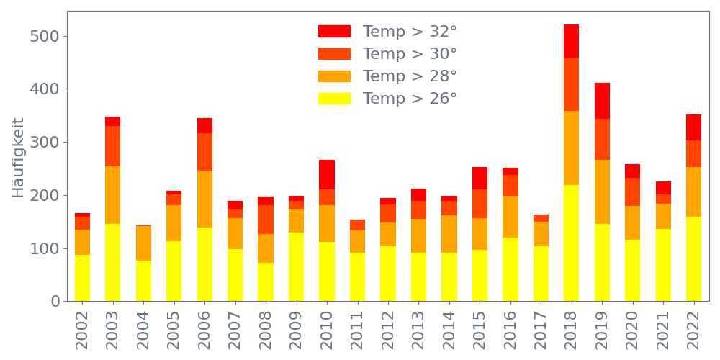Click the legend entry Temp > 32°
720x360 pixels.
coord(410,32)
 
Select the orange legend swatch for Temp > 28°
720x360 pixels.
coord(334,76)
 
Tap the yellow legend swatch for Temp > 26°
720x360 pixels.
coord(334,99)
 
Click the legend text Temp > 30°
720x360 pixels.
coord(410,54)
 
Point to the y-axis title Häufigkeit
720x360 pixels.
coord(18,158)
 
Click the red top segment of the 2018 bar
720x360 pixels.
coord(572,41)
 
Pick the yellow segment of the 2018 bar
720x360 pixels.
coord(572,243)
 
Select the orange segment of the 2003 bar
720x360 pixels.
coord(113,195)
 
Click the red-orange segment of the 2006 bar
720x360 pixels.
coord(204,152)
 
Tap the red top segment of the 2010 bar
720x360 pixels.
coord(327,175)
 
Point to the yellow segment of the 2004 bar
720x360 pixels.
coord(143,281)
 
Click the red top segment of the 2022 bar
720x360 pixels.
coord(694,127)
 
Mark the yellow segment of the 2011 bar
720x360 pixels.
coord(357,277)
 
